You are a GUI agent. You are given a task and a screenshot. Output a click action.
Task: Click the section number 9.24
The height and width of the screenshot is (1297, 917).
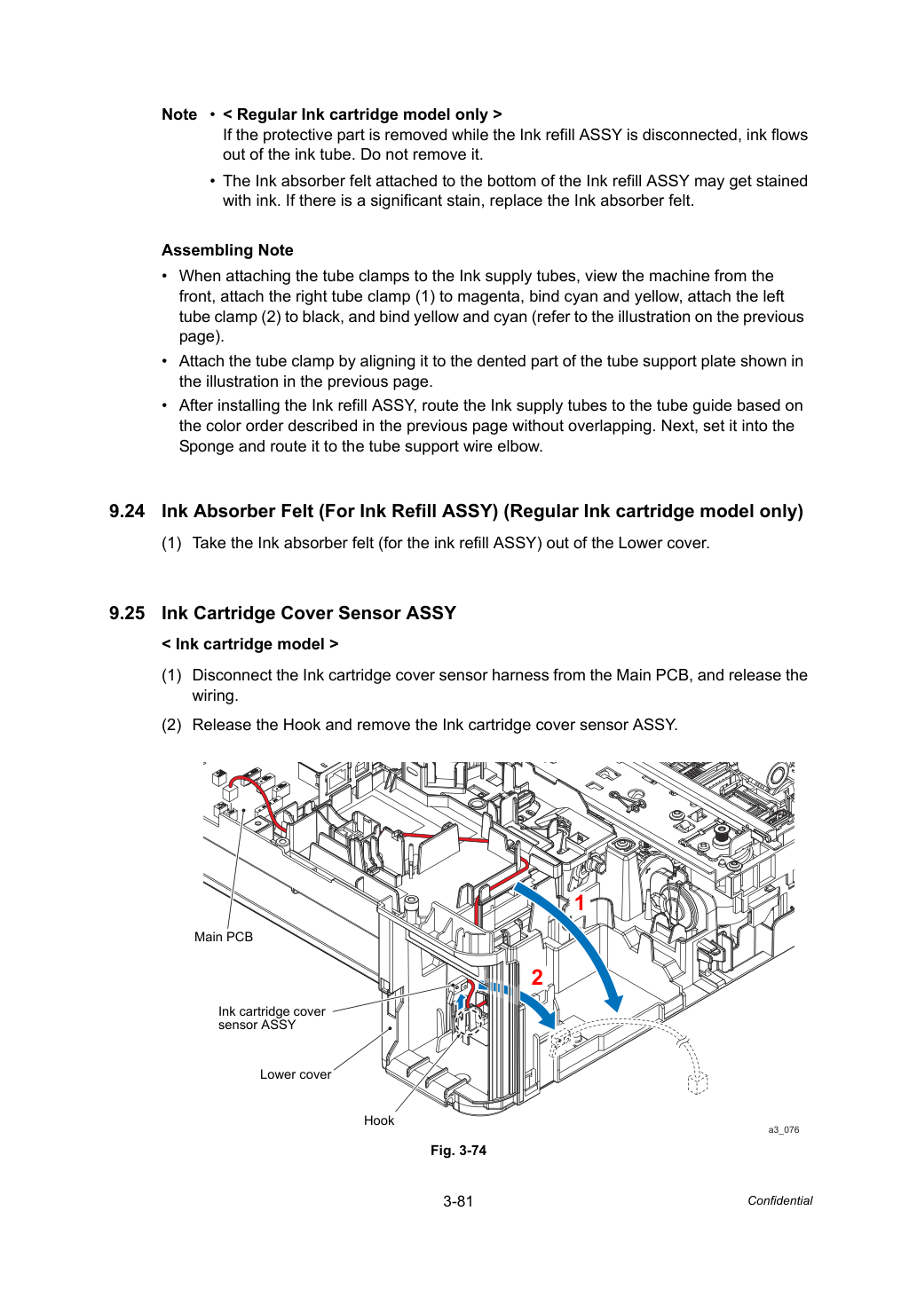[x=127, y=511]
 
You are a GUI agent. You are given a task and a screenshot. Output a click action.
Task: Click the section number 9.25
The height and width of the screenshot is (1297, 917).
[x=127, y=613]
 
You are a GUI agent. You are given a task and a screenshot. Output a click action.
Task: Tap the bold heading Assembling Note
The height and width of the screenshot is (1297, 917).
[x=227, y=250]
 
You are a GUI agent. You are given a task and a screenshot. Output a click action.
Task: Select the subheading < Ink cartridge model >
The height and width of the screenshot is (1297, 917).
[x=249, y=644]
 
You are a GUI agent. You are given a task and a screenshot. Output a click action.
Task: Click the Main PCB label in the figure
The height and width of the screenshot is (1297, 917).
[x=224, y=936]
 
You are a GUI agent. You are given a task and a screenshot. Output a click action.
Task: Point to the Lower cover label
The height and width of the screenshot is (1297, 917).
[x=296, y=1074]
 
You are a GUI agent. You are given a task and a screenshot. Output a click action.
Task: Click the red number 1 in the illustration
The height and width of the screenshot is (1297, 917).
[x=579, y=903]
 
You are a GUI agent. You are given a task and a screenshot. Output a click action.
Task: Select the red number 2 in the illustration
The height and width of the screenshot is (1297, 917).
[x=537, y=978]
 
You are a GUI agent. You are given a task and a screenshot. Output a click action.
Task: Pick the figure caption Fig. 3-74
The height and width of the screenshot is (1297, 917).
[x=458, y=1151]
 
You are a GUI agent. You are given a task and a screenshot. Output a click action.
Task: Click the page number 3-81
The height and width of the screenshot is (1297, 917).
[x=458, y=1201]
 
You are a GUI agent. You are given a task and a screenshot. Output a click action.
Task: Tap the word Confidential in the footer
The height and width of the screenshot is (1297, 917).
[x=779, y=1201]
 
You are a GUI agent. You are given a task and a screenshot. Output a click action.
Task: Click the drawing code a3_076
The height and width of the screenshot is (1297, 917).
[x=784, y=1129]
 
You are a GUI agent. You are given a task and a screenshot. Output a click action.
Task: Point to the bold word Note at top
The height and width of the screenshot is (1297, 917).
[x=179, y=114]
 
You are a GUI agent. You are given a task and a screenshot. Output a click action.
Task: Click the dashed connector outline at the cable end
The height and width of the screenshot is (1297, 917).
[x=698, y=1083]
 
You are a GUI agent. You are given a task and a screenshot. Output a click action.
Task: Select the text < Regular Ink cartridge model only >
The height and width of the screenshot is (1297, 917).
[x=362, y=114]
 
